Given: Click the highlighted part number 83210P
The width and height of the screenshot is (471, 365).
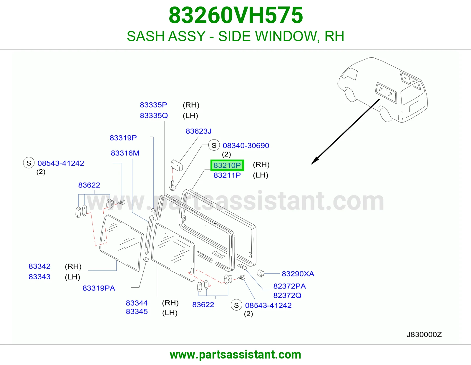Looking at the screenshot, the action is (x=227, y=165).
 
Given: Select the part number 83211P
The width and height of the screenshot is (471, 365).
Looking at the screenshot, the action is (x=227, y=175).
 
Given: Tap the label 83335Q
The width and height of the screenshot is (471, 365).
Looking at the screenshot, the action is (x=154, y=115).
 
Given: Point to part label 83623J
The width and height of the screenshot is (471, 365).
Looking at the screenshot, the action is (x=198, y=131).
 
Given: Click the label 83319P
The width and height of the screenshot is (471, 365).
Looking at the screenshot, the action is (x=123, y=138).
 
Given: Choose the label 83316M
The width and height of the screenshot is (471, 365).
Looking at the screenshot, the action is (x=125, y=153).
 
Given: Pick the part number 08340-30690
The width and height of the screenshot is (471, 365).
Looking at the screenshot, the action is (x=246, y=145).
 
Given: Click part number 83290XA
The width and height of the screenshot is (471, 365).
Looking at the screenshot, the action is (x=298, y=274).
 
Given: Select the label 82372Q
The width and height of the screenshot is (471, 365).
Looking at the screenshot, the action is (x=287, y=296).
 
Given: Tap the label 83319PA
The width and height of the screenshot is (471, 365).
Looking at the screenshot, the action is (x=99, y=288).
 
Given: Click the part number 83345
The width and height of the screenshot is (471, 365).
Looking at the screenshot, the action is (x=137, y=311).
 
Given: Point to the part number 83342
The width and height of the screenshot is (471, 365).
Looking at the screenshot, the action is (x=39, y=266).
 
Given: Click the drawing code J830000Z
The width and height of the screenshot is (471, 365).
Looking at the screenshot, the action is (x=424, y=335).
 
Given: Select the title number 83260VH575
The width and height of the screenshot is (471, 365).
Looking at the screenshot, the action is (x=235, y=15).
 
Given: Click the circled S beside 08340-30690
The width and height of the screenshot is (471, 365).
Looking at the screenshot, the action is (x=214, y=145).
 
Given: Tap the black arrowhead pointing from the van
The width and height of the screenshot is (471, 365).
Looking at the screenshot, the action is (x=315, y=160).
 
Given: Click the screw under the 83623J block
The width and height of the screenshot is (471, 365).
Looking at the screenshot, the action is (x=173, y=185).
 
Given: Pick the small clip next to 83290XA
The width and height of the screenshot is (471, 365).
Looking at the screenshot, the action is (x=261, y=273).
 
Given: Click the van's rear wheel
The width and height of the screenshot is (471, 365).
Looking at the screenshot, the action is (x=385, y=115).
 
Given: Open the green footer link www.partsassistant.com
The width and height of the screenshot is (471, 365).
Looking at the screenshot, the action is (x=235, y=355).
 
